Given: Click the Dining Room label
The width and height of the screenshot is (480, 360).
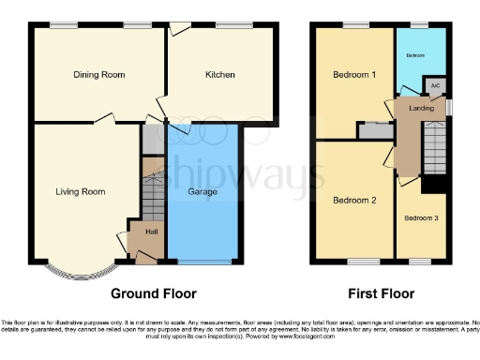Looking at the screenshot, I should click(99, 74).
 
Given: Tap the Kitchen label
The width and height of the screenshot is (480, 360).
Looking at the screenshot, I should click(220, 74).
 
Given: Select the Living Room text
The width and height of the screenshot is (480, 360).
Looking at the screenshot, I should click(80, 191).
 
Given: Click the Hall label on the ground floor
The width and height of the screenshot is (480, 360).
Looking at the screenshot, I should click(151, 232).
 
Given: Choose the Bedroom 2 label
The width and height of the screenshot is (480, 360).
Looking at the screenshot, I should click(353, 200).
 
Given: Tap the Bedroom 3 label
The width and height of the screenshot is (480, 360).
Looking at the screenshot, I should click(419, 218).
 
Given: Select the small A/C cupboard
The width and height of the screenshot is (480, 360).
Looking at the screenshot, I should click(435, 87).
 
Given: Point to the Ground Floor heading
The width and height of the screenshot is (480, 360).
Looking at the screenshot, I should click(154, 293).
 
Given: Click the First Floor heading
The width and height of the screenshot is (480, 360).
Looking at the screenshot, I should click(381, 293).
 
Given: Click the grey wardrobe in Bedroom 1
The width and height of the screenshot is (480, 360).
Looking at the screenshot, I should click(375, 131).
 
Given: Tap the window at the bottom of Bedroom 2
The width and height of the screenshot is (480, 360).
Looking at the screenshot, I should click(364, 262).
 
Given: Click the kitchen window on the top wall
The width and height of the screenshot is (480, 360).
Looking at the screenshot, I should click(232, 26).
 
